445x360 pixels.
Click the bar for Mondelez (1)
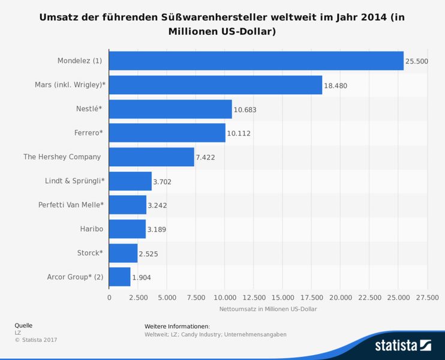click(256, 61)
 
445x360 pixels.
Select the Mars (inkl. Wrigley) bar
click(215, 85)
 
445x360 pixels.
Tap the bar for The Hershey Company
click(152, 157)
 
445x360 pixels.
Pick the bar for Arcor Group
click(119, 277)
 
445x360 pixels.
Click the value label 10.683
click(245, 109)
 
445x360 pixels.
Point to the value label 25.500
click(416, 61)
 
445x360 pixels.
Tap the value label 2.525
click(148, 253)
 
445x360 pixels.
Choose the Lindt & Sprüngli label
click(74, 181)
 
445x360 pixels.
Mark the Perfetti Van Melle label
click(71, 205)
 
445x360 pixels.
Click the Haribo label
click(92, 229)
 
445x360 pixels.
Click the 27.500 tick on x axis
click(427, 297)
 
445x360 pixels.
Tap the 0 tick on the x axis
click(109, 297)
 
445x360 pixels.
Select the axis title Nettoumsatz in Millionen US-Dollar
click(267, 309)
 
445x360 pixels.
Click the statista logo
click(402, 345)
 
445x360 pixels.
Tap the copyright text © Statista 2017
click(35, 340)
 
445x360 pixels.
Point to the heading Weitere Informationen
click(177, 326)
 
